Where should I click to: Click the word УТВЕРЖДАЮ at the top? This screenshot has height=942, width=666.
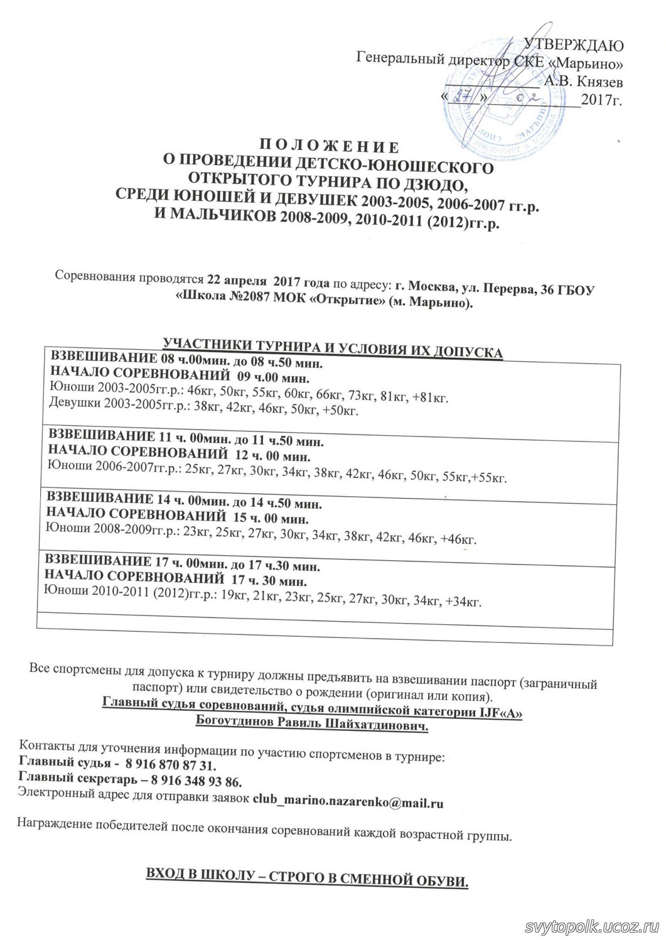[573, 45]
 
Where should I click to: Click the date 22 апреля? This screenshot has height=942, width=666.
[235, 278]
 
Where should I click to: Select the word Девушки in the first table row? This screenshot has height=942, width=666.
[71, 410]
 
